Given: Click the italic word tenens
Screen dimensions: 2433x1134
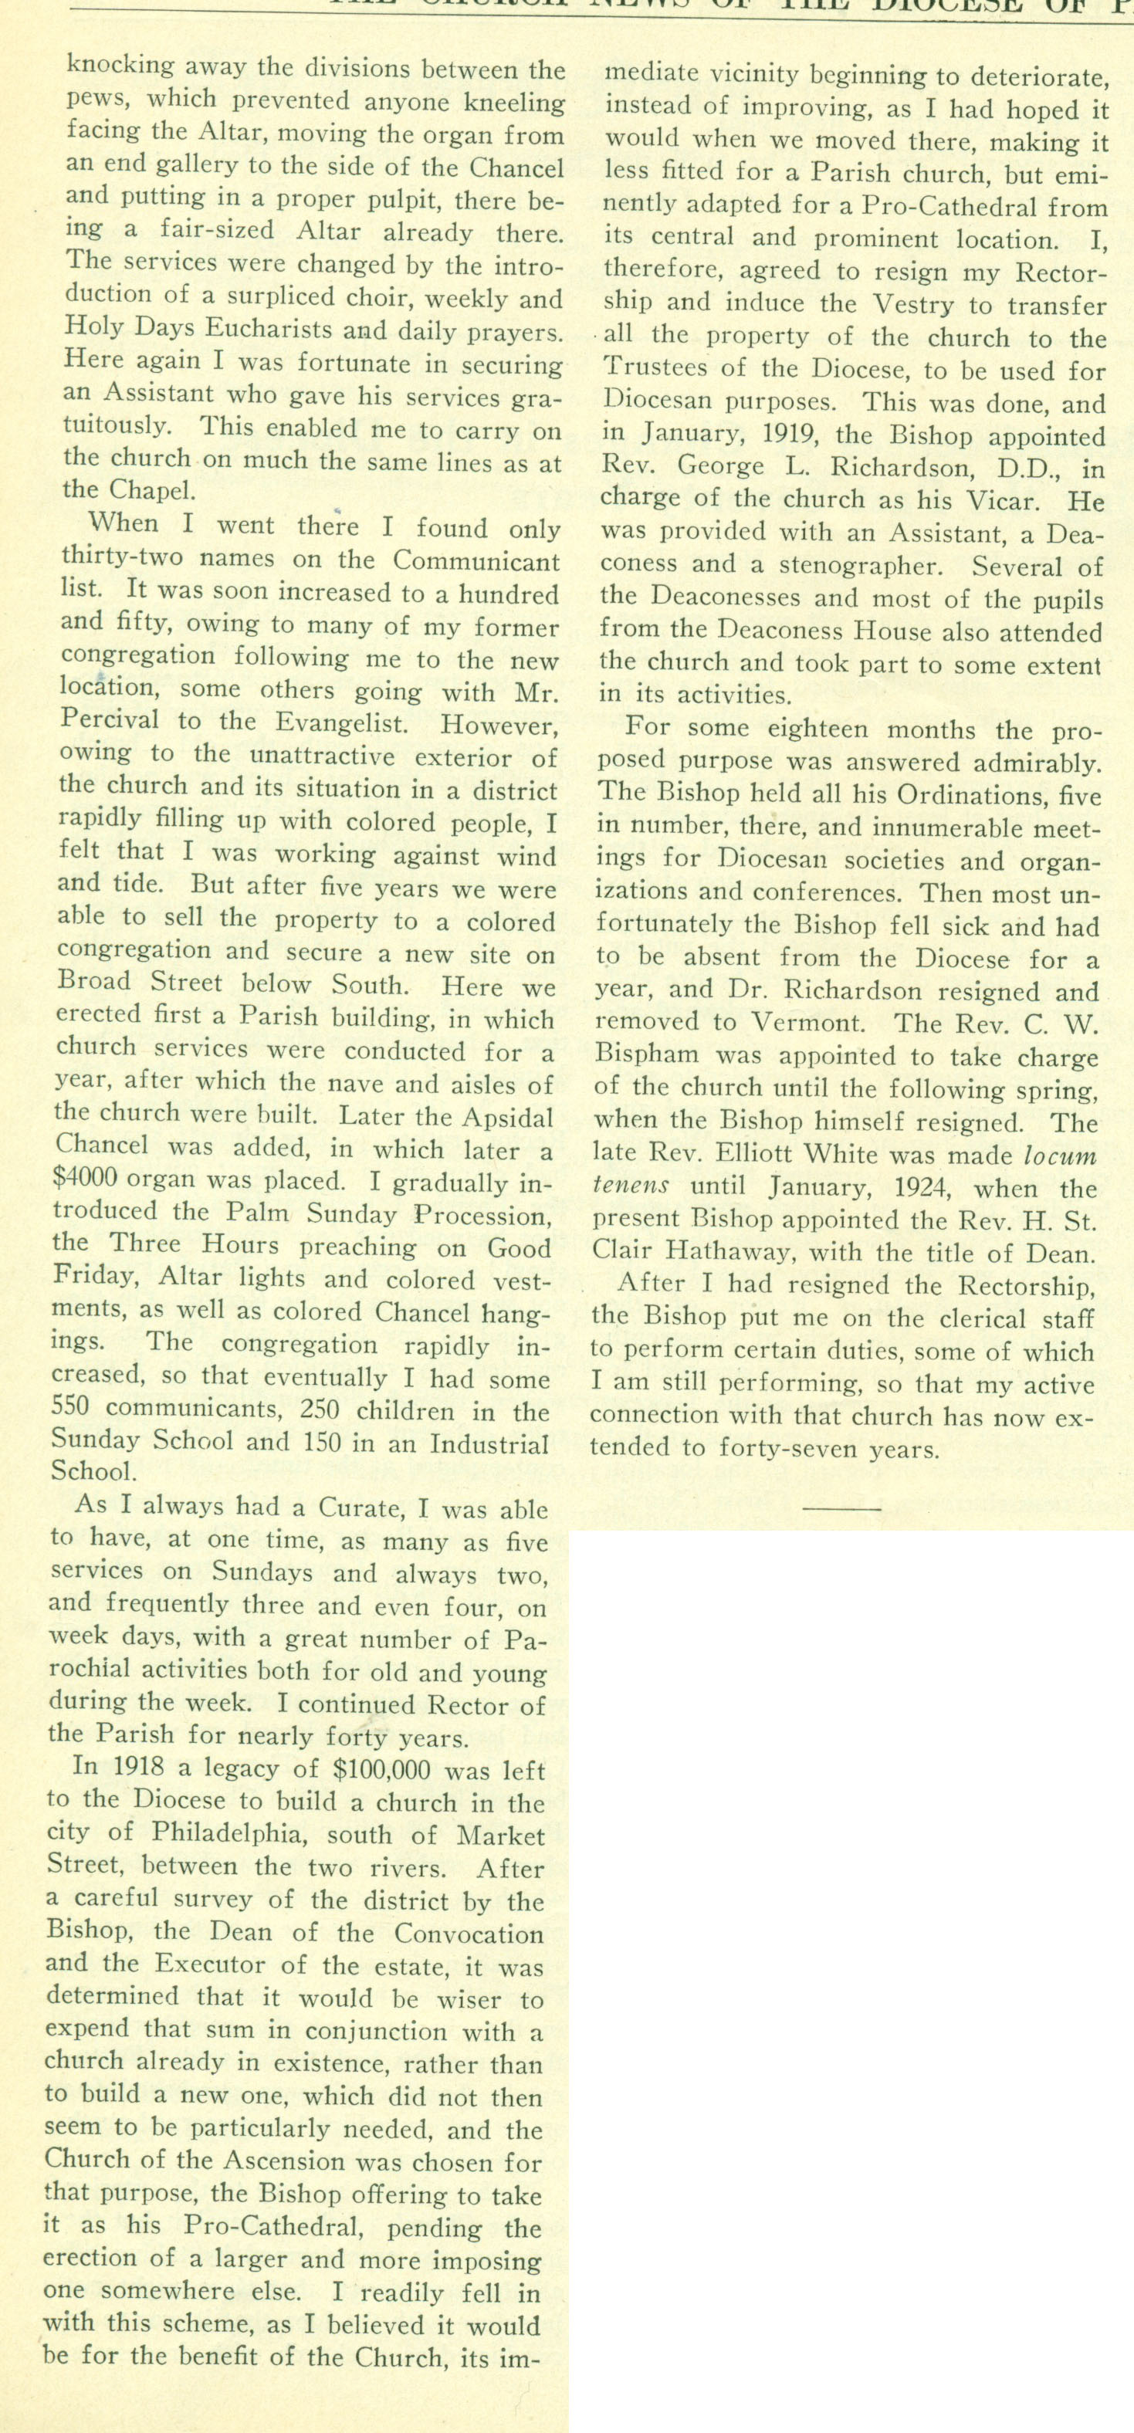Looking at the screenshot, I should pos(631,1188).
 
